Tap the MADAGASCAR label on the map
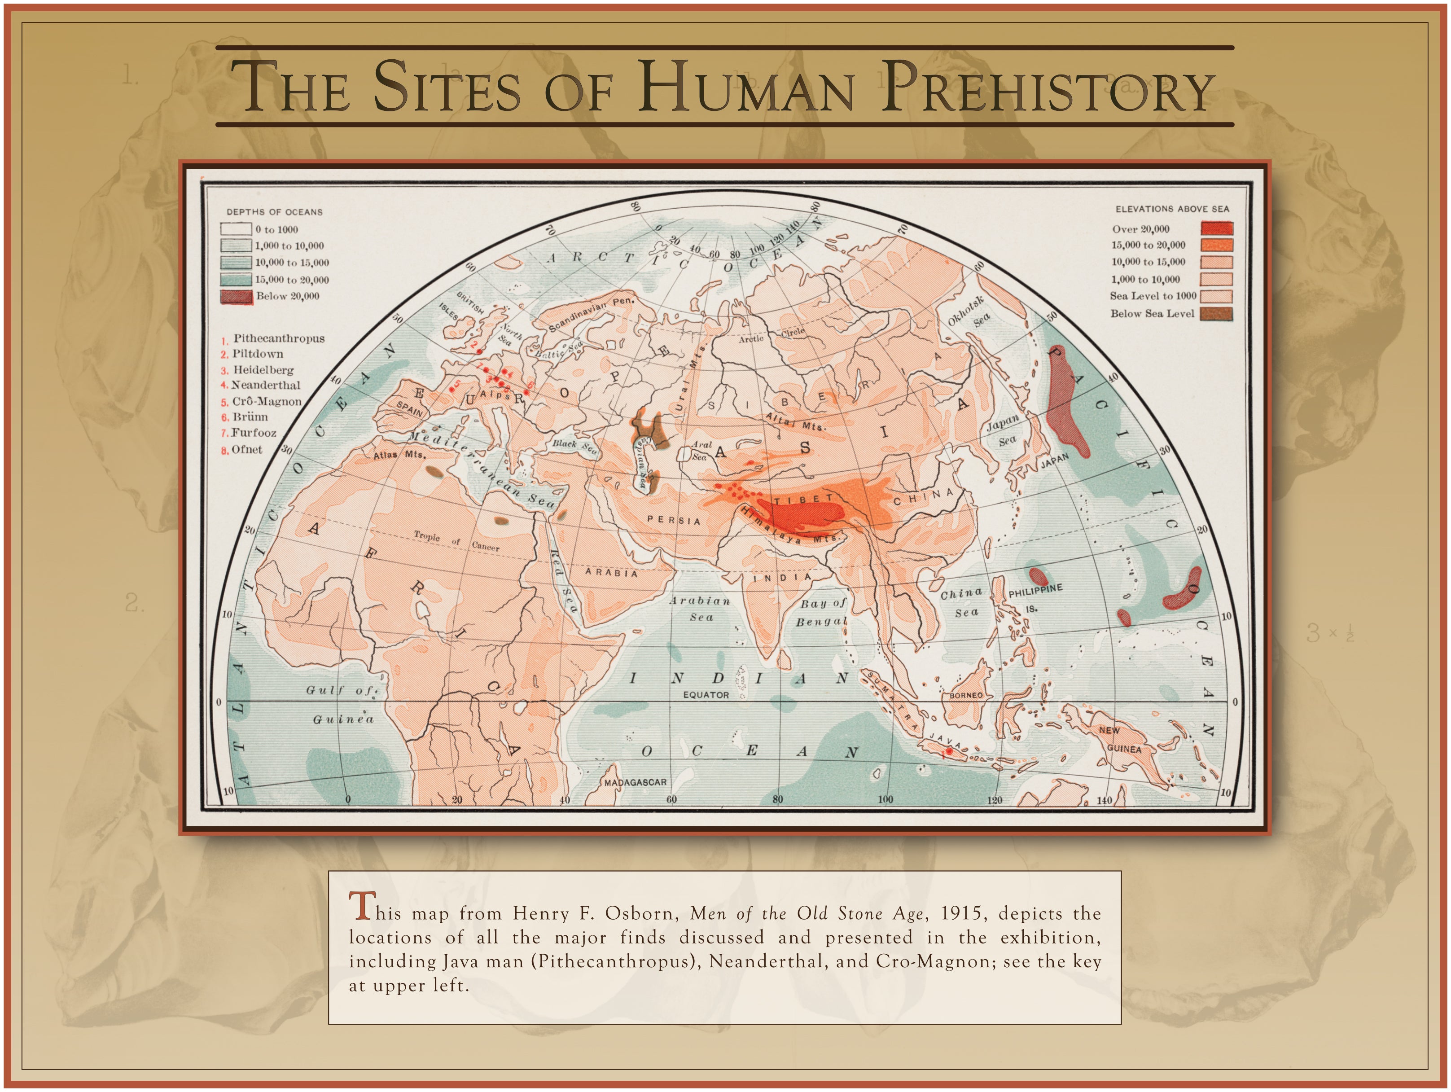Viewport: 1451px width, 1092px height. [635, 782]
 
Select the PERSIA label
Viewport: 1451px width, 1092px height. [674, 520]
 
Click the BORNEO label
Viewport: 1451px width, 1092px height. [966, 695]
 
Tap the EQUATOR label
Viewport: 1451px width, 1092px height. [706, 694]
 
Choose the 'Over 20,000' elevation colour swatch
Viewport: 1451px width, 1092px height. [1216, 228]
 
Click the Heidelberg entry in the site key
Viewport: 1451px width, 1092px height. [263, 370]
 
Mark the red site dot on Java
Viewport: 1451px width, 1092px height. [948, 752]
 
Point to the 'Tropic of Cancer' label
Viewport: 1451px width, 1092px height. [456, 541]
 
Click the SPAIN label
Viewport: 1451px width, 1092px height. [409, 408]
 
